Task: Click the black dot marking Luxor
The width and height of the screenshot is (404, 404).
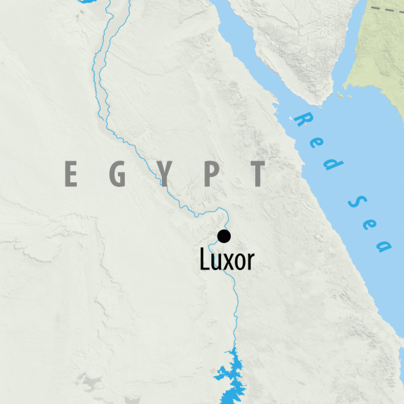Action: (x=224, y=236)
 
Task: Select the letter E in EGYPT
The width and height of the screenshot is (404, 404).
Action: (x=71, y=174)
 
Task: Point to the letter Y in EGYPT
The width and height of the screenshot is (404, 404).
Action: (x=166, y=174)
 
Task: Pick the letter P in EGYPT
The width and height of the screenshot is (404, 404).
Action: (x=212, y=174)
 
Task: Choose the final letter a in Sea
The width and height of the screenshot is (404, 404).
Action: (x=383, y=245)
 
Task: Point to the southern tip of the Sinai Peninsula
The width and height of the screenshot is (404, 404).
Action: (x=318, y=104)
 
